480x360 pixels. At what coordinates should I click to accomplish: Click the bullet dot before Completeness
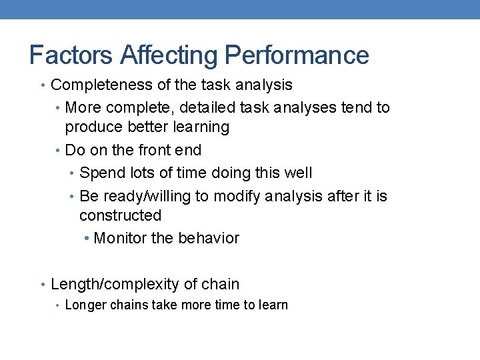coord(43,85)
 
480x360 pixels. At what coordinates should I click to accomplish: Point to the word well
coord(297,173)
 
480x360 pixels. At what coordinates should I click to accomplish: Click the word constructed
coord(120,216)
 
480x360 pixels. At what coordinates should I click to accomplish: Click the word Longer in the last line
coord(86,305)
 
